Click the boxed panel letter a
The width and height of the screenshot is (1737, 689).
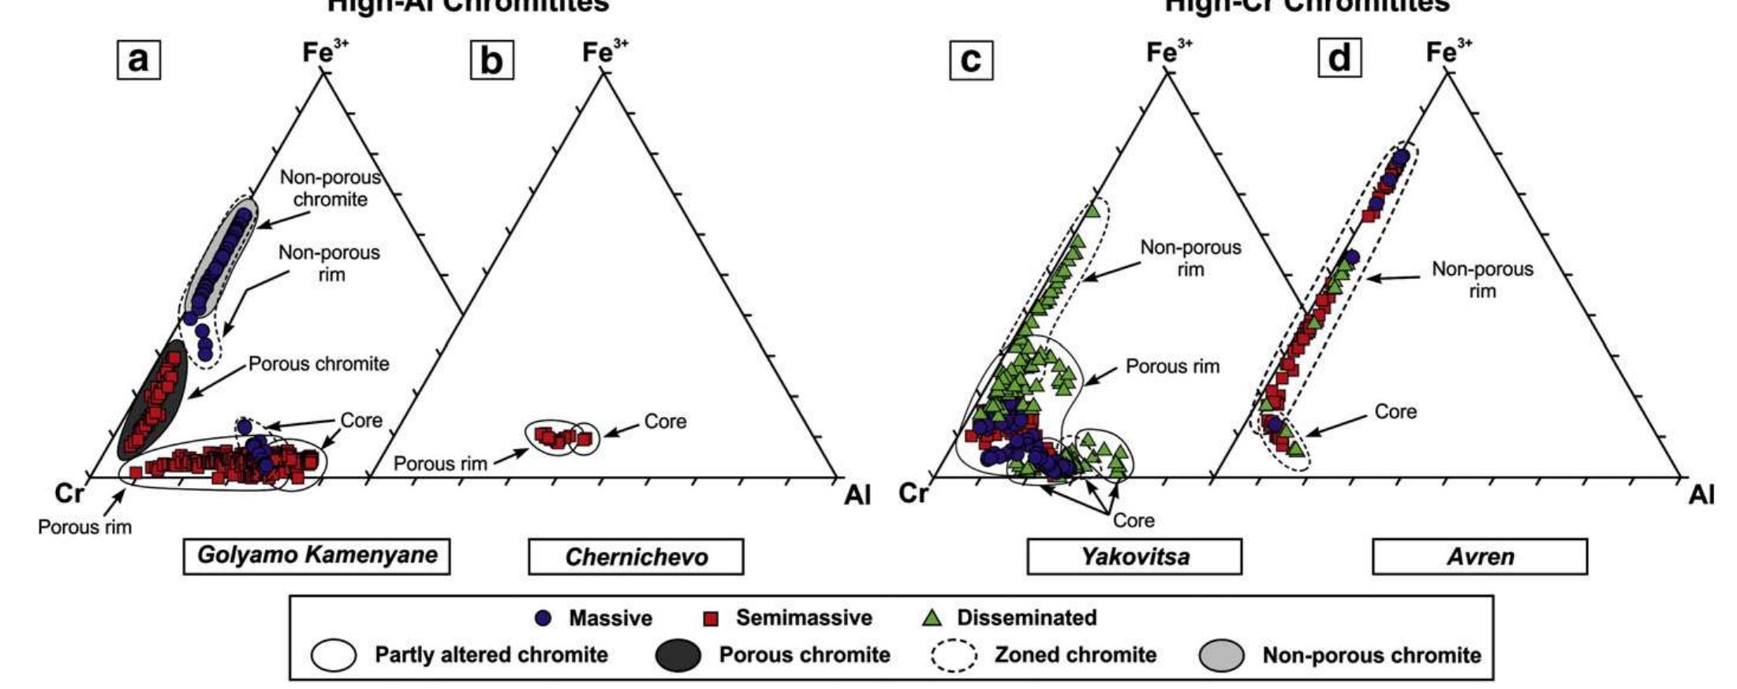pos(139,59)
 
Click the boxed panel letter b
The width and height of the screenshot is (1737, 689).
pos(491,60)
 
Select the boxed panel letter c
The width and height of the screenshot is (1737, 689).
pos(971,60)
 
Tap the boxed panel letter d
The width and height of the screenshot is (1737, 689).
pos(1339,58)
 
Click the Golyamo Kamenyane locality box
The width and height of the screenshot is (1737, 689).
pos(316,556)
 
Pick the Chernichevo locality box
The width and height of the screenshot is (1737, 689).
pos(636,557)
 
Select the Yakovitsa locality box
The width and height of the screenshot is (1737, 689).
pos(1134,557)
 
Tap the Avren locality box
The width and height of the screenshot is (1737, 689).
pos(1480,557)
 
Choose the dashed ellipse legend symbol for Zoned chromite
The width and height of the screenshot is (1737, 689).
pos(954,656)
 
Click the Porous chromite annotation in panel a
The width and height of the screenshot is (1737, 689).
pos(319,364)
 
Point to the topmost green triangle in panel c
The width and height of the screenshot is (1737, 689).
pos(1093,210)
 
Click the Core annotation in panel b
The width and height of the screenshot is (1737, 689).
pos(665,422)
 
